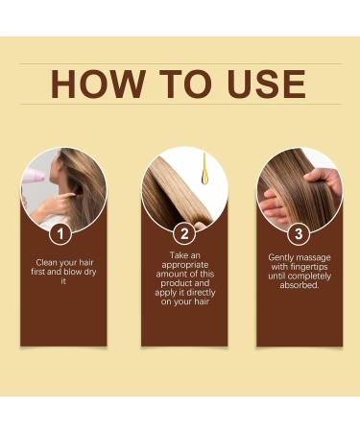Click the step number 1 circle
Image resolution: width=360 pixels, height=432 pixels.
(62, 233)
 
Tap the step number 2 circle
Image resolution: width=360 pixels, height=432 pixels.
(183, 233)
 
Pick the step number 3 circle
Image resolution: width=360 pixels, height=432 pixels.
(300, 233)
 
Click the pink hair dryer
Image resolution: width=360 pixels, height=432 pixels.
(31, 174)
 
